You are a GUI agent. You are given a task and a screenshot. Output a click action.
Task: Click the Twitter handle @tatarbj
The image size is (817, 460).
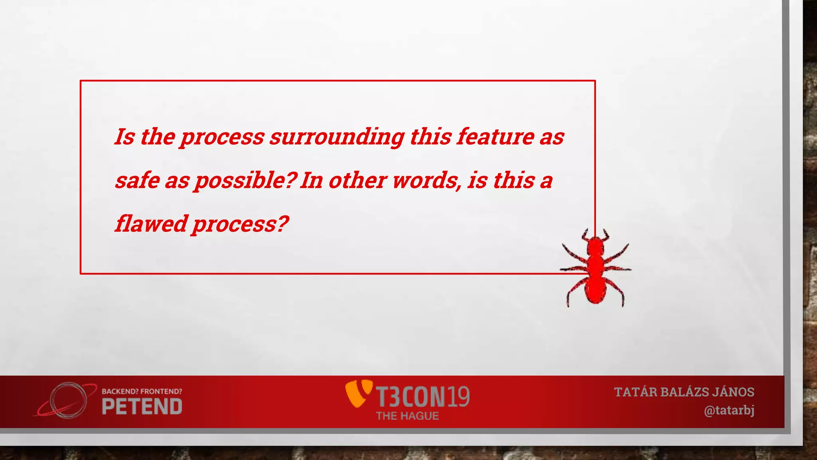(729, 410)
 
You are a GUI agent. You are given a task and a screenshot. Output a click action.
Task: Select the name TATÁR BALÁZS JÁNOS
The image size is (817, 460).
(684, 392)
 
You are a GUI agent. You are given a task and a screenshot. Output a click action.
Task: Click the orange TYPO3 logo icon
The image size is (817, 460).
(358, 393)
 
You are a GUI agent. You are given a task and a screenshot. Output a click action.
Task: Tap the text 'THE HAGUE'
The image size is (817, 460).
(407, 416)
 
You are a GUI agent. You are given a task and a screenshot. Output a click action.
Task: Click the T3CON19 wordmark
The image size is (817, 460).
(423, 397)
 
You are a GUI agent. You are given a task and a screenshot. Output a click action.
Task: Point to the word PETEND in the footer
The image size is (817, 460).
(142, 407)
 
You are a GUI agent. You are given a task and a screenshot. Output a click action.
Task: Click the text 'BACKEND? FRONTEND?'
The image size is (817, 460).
(142, 391)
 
